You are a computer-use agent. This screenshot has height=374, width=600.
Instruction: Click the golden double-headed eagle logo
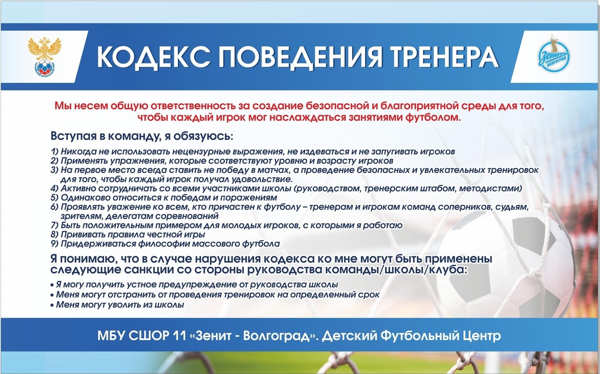coord(45,57)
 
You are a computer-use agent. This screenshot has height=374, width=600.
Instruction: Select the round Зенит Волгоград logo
coord(554,57)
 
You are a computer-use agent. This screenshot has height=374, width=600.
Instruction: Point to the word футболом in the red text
coord(434,118)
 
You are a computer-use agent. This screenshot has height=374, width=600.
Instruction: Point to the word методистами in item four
coord(491,189)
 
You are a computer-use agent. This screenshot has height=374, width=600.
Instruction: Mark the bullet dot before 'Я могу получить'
coord(52,285)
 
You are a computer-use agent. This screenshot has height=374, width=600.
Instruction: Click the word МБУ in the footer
coord(111,336)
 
